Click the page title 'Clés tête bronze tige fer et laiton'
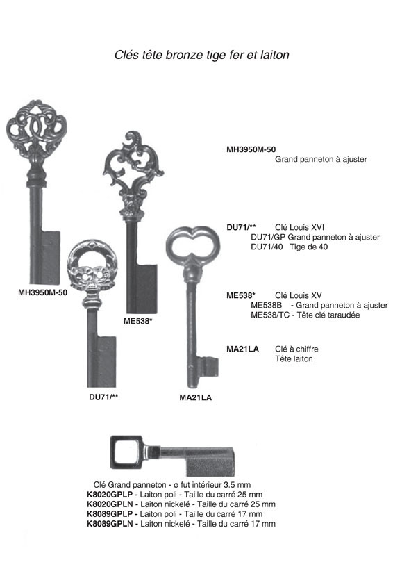point(201,55)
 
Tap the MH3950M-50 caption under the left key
point(43,292)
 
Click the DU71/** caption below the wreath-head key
point(103,397)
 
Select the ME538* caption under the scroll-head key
point(137,321)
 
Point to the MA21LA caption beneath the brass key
point(195,397)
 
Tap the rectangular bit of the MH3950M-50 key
point(51,257)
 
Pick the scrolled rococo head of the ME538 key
point(133,170)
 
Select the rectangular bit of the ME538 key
point(147,288)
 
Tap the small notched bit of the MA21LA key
point(208,368)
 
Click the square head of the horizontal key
point(126,452)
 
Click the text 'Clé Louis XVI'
point(299,227)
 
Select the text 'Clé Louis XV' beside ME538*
point(298,296)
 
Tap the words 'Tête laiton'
point(294,359)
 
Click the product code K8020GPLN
point(110,504)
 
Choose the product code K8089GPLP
point(110,514)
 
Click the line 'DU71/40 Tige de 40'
point(290,247)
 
